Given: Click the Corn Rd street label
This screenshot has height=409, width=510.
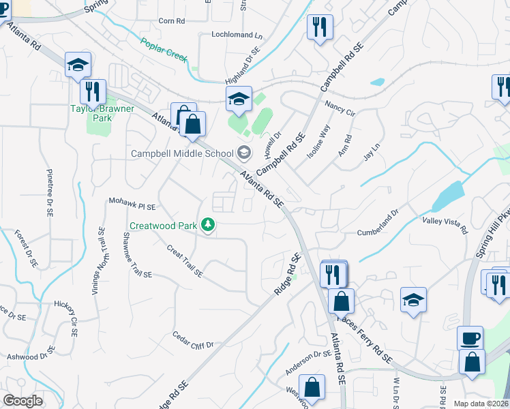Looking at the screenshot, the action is coord(172,21).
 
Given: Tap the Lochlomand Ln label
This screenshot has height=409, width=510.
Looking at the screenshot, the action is coord(237,35).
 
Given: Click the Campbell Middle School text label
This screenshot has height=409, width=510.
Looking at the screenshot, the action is coord(183,153).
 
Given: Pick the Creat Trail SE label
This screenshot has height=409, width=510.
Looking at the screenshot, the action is coord(185,261).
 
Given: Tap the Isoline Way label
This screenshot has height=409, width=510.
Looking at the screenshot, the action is coord(318,142).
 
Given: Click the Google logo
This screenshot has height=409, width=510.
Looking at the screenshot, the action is coord(22,401).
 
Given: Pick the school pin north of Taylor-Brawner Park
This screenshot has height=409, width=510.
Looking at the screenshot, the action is coord(78,65).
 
